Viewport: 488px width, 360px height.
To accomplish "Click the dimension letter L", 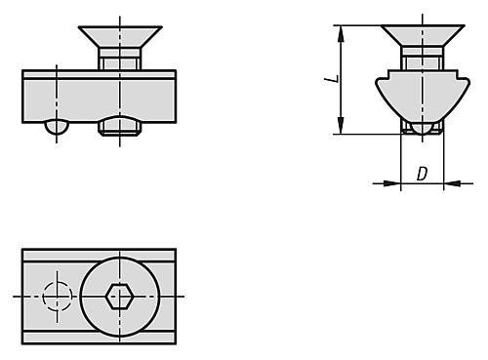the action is point(337,79).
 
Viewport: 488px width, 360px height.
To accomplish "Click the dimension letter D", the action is point(422,174).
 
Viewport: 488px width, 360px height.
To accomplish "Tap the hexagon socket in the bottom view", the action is point(119,297).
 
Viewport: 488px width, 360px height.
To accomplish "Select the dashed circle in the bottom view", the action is point(58,297).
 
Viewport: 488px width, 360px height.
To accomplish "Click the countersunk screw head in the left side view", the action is point(120,37).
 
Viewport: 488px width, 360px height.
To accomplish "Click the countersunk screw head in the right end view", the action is point(423,36).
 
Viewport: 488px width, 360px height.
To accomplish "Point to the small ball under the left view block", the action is point(57,127).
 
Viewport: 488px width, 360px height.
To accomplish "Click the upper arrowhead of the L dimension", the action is point(341,34).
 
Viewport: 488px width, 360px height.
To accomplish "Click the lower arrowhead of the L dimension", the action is point(341,125).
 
